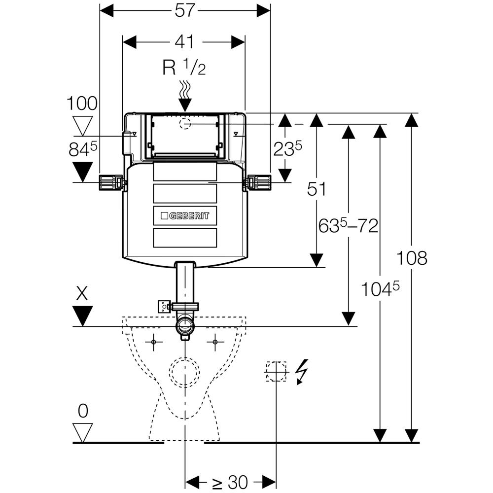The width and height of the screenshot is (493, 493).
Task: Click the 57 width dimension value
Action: pos(185,9)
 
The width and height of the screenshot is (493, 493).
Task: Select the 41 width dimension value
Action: pos(184,42)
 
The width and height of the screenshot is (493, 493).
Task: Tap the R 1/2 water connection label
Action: pos(184,68)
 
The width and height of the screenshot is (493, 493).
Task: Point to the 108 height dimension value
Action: pos(412,258)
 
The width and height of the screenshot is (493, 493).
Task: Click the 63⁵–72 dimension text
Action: pos(349,226)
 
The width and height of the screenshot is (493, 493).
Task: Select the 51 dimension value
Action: pos(317,189)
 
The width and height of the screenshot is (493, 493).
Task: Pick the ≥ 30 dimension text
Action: pos(230,481)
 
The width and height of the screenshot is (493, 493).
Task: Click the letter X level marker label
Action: pos(82,294)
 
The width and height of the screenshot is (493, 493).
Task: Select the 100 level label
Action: pos(82,104)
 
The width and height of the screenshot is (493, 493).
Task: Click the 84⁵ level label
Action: pos(82,150)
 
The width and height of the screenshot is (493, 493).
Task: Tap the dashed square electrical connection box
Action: pos(276,371)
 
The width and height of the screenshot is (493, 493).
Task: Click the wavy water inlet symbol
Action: pos(185,89)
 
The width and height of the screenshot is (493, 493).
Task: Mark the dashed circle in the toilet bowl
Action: pos(185,371)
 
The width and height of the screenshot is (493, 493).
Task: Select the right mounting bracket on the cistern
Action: pos(257,182)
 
